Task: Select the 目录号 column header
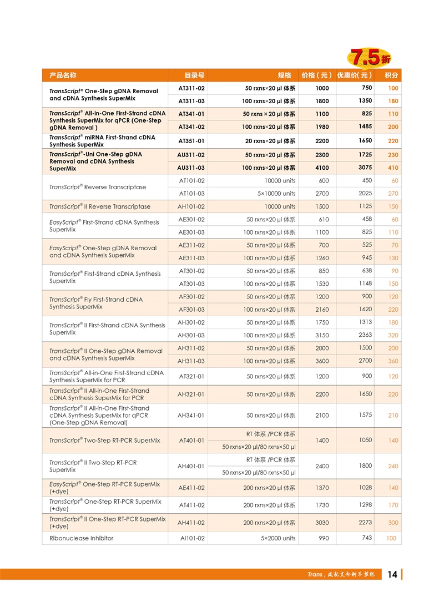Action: (194, 75)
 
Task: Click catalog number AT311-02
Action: (191, 88)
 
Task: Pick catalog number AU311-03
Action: (191, 168)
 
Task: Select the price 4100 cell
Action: (322, 168)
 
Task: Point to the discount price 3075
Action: (364, 167)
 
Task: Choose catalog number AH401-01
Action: (191, 466)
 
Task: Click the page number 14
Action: (392, 575)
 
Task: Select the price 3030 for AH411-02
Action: (322, 523)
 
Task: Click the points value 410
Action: (393, 168)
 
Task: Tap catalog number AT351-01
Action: (191, 141)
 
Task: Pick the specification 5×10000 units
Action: (276, 194)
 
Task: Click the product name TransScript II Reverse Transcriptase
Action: (100, 206)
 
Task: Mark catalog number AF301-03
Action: (191, 310)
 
